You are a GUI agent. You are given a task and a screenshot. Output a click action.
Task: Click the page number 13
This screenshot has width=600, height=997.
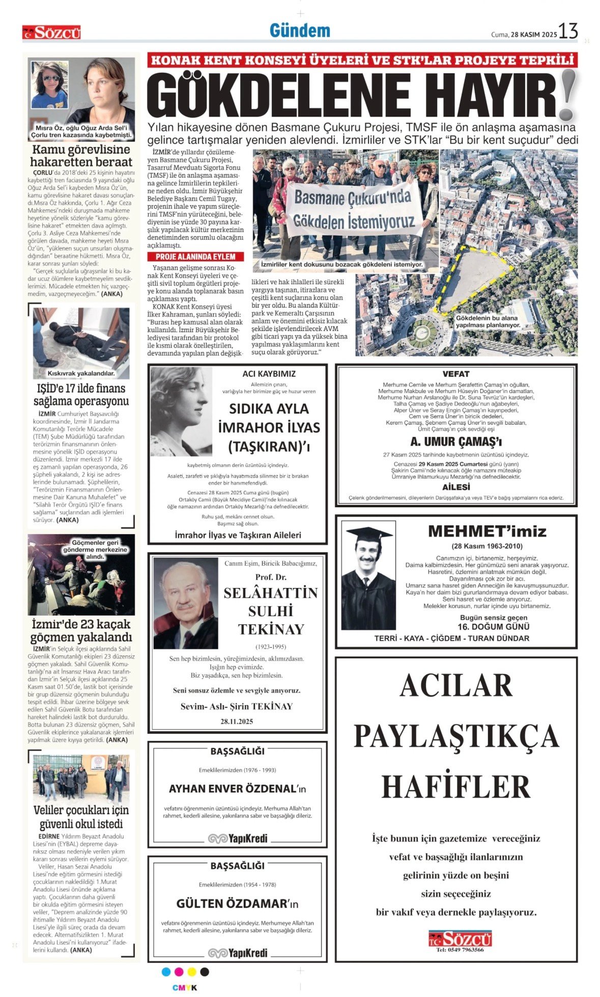coord(568,32)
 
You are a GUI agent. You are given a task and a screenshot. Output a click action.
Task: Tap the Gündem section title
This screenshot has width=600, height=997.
coord(300,31)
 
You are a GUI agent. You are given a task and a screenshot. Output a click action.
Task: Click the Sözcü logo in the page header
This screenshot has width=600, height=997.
coord(51,33)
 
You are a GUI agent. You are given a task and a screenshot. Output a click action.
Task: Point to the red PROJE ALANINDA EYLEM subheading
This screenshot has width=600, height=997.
coord(195,257)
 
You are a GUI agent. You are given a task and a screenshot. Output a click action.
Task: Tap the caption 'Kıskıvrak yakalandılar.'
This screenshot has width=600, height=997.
coord(81,373)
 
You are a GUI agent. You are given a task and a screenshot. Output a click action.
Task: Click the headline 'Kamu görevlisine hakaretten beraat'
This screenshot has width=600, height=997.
coord(81,156)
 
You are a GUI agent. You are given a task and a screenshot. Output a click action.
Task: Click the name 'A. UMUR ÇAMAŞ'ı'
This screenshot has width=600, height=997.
coord(456,442)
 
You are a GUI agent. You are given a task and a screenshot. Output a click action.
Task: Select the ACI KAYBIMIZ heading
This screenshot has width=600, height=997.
coord(269,374)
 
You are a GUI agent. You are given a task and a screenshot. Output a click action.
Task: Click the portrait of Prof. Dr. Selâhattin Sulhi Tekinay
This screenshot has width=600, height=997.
coord(186,603)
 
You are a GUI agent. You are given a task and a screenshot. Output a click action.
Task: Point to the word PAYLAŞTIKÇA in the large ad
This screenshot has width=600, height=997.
coord(456,736)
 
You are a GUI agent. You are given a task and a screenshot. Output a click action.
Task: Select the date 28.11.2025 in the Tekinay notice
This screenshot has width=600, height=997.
coord(237,721)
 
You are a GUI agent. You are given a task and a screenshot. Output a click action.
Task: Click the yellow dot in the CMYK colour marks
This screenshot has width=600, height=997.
coord(191,972)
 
